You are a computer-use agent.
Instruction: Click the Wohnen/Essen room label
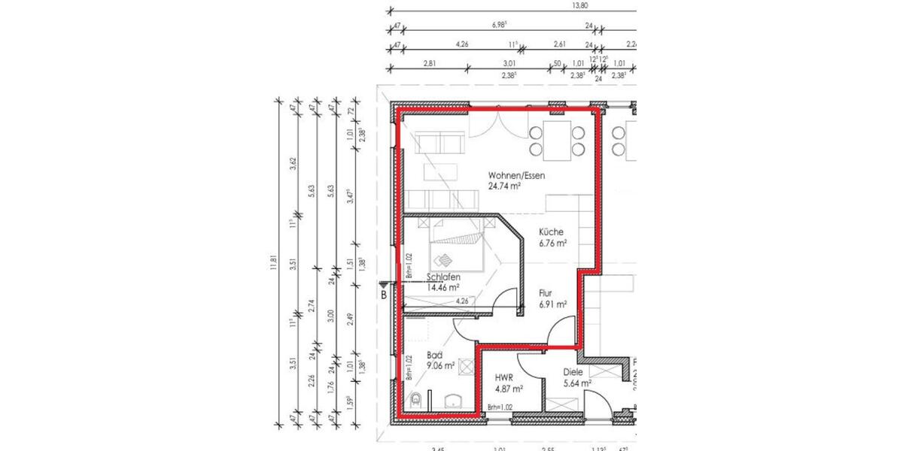516,175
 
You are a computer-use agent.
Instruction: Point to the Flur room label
547,294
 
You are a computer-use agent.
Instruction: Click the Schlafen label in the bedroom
443,277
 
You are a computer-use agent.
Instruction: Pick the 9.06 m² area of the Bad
439,366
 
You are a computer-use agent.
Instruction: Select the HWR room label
504,379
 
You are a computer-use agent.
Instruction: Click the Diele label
573,371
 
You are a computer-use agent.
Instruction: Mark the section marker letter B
384,295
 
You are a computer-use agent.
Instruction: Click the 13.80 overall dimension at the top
579,5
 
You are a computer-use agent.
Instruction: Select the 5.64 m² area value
577,383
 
